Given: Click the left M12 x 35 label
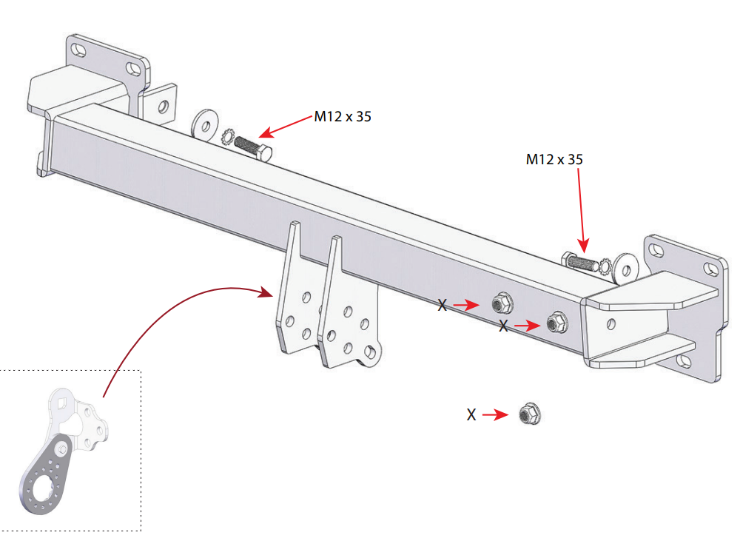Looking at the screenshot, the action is (x=343, y=117).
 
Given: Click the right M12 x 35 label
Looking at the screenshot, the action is (x=554, y=160).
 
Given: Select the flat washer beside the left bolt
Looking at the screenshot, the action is (x=205, y=124).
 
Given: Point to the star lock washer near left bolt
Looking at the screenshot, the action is (x=229, y=137).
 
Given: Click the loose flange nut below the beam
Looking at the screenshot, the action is (x=530, y=414).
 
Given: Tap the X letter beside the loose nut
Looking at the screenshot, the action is (x=471, y=415).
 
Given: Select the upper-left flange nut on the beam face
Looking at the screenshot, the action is (x=502, y=303).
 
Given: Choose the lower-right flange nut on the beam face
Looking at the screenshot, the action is (x=557, y=323).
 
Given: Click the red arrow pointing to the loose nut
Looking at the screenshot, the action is (x=496, y=415).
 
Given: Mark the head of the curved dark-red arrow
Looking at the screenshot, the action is (x=266, y=293).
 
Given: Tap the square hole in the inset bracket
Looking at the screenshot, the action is (x=61, y=402).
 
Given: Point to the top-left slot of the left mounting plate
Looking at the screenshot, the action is (x=79, y=50).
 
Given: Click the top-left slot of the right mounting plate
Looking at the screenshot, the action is (x=656, y=250).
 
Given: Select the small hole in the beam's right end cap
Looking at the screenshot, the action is (x=611, y=323).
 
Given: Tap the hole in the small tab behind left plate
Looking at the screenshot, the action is (x=163, y=107).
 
